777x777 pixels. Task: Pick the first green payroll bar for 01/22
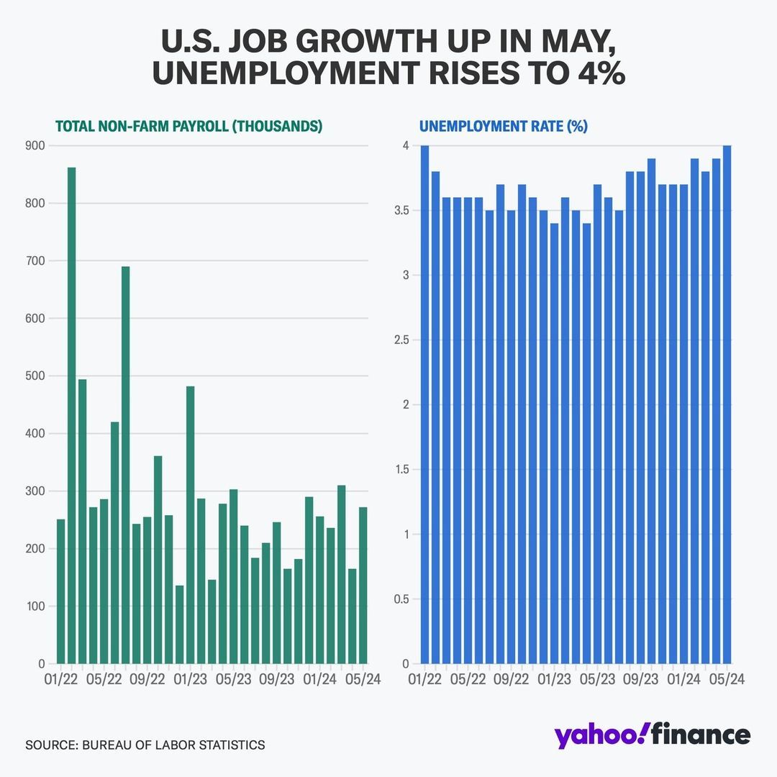pyautogui.click(x=60, y=591)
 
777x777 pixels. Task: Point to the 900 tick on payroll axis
pyautogui.click(x=35, y=146)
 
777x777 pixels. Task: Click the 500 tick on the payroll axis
pyautogui.click(x=35, y=376)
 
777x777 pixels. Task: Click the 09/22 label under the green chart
pyautogui.click(x=147, y=679)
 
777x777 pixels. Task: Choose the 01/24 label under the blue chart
pyautogui.click(x=684, y=679)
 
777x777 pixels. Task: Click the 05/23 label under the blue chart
pyautogui.click(x=597, y=679)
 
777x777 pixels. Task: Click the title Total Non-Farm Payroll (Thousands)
pyautogui.click(x=188, y=126)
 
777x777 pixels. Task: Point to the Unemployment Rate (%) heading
pyautogui.click(x=504, y=126)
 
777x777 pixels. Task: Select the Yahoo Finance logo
pyautogui.click(x=652, y=735)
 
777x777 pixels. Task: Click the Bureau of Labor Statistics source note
pyautogui.click(x=145, y=745)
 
